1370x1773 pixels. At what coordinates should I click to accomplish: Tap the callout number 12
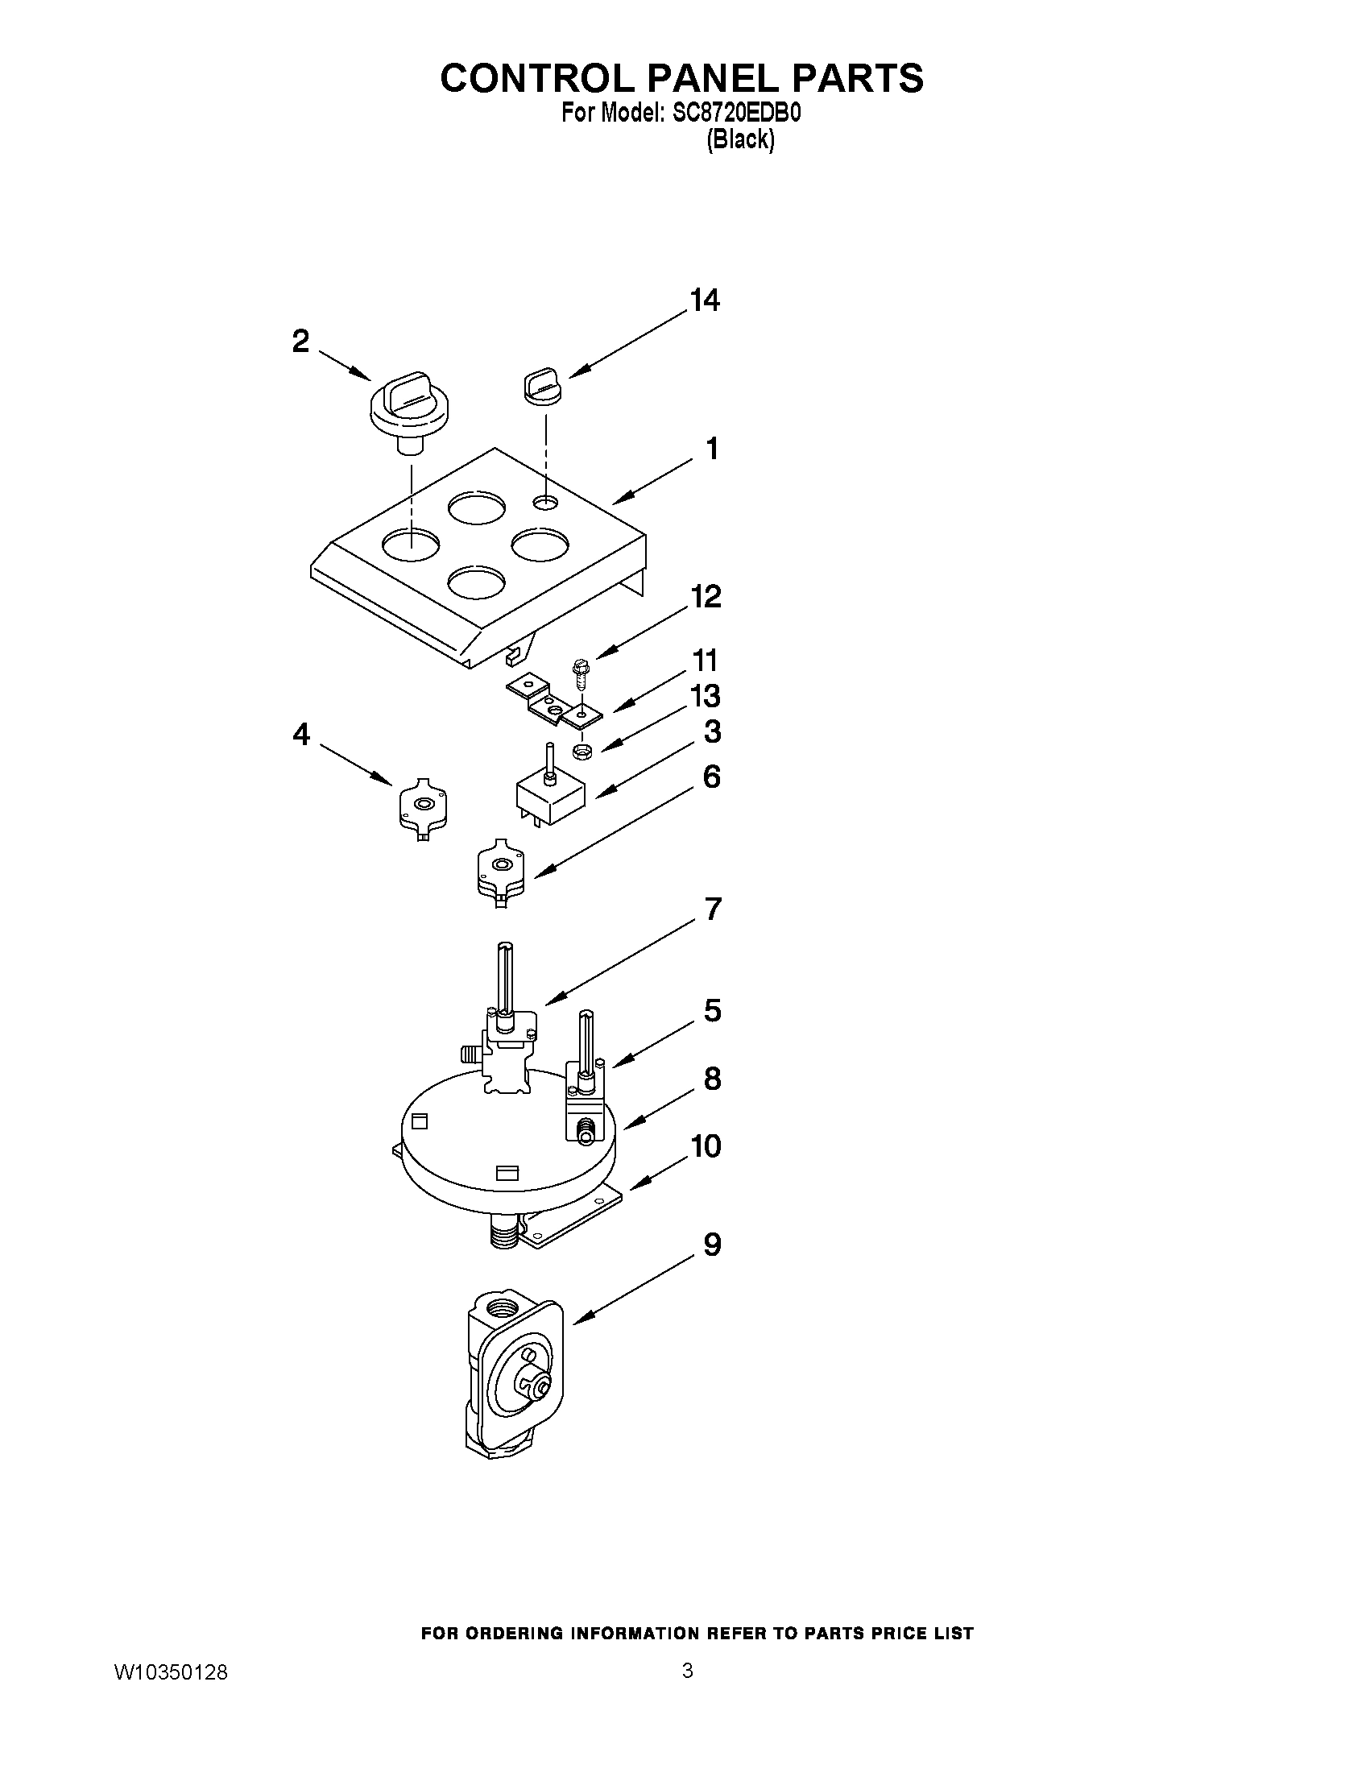click(706, 597)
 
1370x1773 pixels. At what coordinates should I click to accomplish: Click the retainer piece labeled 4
click(423, 806)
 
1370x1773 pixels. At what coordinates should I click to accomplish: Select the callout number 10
click(706, 1146)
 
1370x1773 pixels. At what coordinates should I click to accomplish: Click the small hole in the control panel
click(546, 503)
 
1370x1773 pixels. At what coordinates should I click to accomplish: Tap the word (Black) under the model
click(739, 139)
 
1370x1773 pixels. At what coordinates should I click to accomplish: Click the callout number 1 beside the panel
click(712, 448)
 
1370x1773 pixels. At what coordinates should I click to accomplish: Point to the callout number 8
click(712, 1079)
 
